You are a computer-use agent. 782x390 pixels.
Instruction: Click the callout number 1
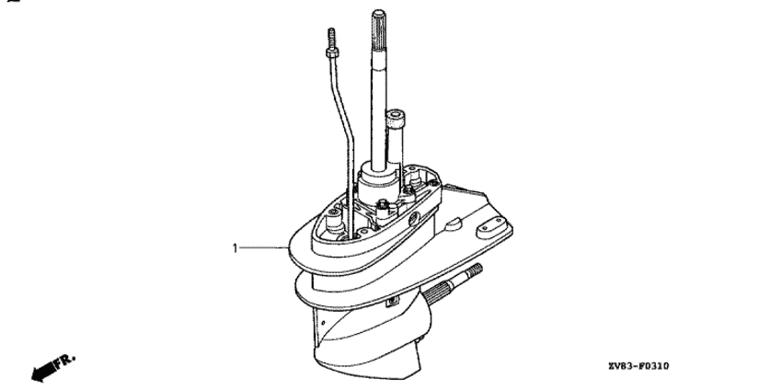235,247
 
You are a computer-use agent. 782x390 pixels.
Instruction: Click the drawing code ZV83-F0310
638,367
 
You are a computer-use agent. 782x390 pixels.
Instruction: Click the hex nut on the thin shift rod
332,52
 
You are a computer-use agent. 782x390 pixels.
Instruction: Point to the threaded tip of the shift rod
331,38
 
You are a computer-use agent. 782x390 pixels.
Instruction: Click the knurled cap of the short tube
396,119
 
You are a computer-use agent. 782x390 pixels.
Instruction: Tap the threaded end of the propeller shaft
475,271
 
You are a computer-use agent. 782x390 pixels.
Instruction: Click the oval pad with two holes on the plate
490,230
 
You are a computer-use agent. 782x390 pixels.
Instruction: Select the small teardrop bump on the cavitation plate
453,224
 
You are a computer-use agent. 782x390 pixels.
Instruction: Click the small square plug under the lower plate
393,301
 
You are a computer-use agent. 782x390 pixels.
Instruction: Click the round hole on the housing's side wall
413,218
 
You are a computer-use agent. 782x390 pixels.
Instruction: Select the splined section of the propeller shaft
438,292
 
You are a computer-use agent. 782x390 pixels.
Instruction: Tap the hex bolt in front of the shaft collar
383,205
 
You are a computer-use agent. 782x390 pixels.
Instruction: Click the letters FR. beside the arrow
65,361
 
